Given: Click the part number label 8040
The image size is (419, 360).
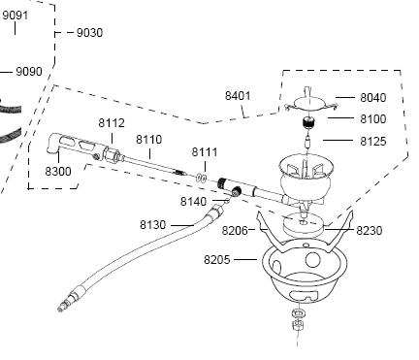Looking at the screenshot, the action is click(x=373, y=97).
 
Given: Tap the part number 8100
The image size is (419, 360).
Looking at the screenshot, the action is click(x=373, y=119).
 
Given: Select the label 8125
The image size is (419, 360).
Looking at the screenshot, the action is click(x=373, y=142).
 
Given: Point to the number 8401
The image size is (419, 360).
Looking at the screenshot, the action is click(x=238, y=96).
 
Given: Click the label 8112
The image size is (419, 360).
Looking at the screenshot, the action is click(x=112, y=123).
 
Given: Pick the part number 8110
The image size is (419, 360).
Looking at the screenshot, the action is click(x=148, y=140).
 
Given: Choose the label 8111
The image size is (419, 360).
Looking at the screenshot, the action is click(x=205, y=151).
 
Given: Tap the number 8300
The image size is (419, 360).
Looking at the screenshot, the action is click(x=58, y=171).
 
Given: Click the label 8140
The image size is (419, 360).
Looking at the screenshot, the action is click(x=193, y=202).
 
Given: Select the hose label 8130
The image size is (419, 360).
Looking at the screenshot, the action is click(x=153, y=225).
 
